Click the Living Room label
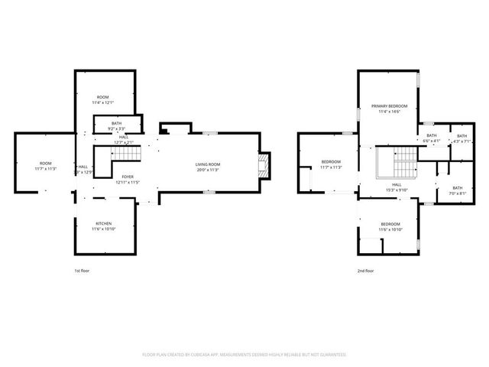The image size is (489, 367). (x=208, y=164)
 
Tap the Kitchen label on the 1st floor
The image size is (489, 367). (x=102, y=224)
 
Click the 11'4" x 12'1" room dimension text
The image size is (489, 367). (x=102, y=102)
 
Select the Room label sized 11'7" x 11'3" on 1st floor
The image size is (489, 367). (x=46, y=164)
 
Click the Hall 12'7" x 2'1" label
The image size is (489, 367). (x=123, y=137)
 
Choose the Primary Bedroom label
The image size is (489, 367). (x=389, y=106)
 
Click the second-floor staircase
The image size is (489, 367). (x=397, y=161)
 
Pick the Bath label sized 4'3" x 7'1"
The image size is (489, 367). (x=462, y=135)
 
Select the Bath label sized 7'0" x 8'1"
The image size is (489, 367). (x=457, y=188)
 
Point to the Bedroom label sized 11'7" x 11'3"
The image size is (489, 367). (x=331, y=162)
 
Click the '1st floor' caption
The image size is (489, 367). (x=82, y=271)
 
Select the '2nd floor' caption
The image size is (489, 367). (x=365, y=271)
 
